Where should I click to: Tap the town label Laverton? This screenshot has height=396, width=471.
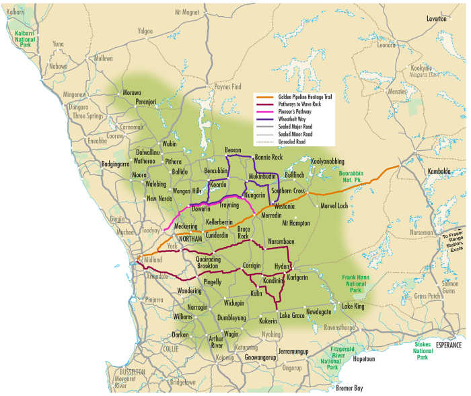tap(436, 19)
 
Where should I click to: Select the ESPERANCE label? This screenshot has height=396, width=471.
tap(449, 345)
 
